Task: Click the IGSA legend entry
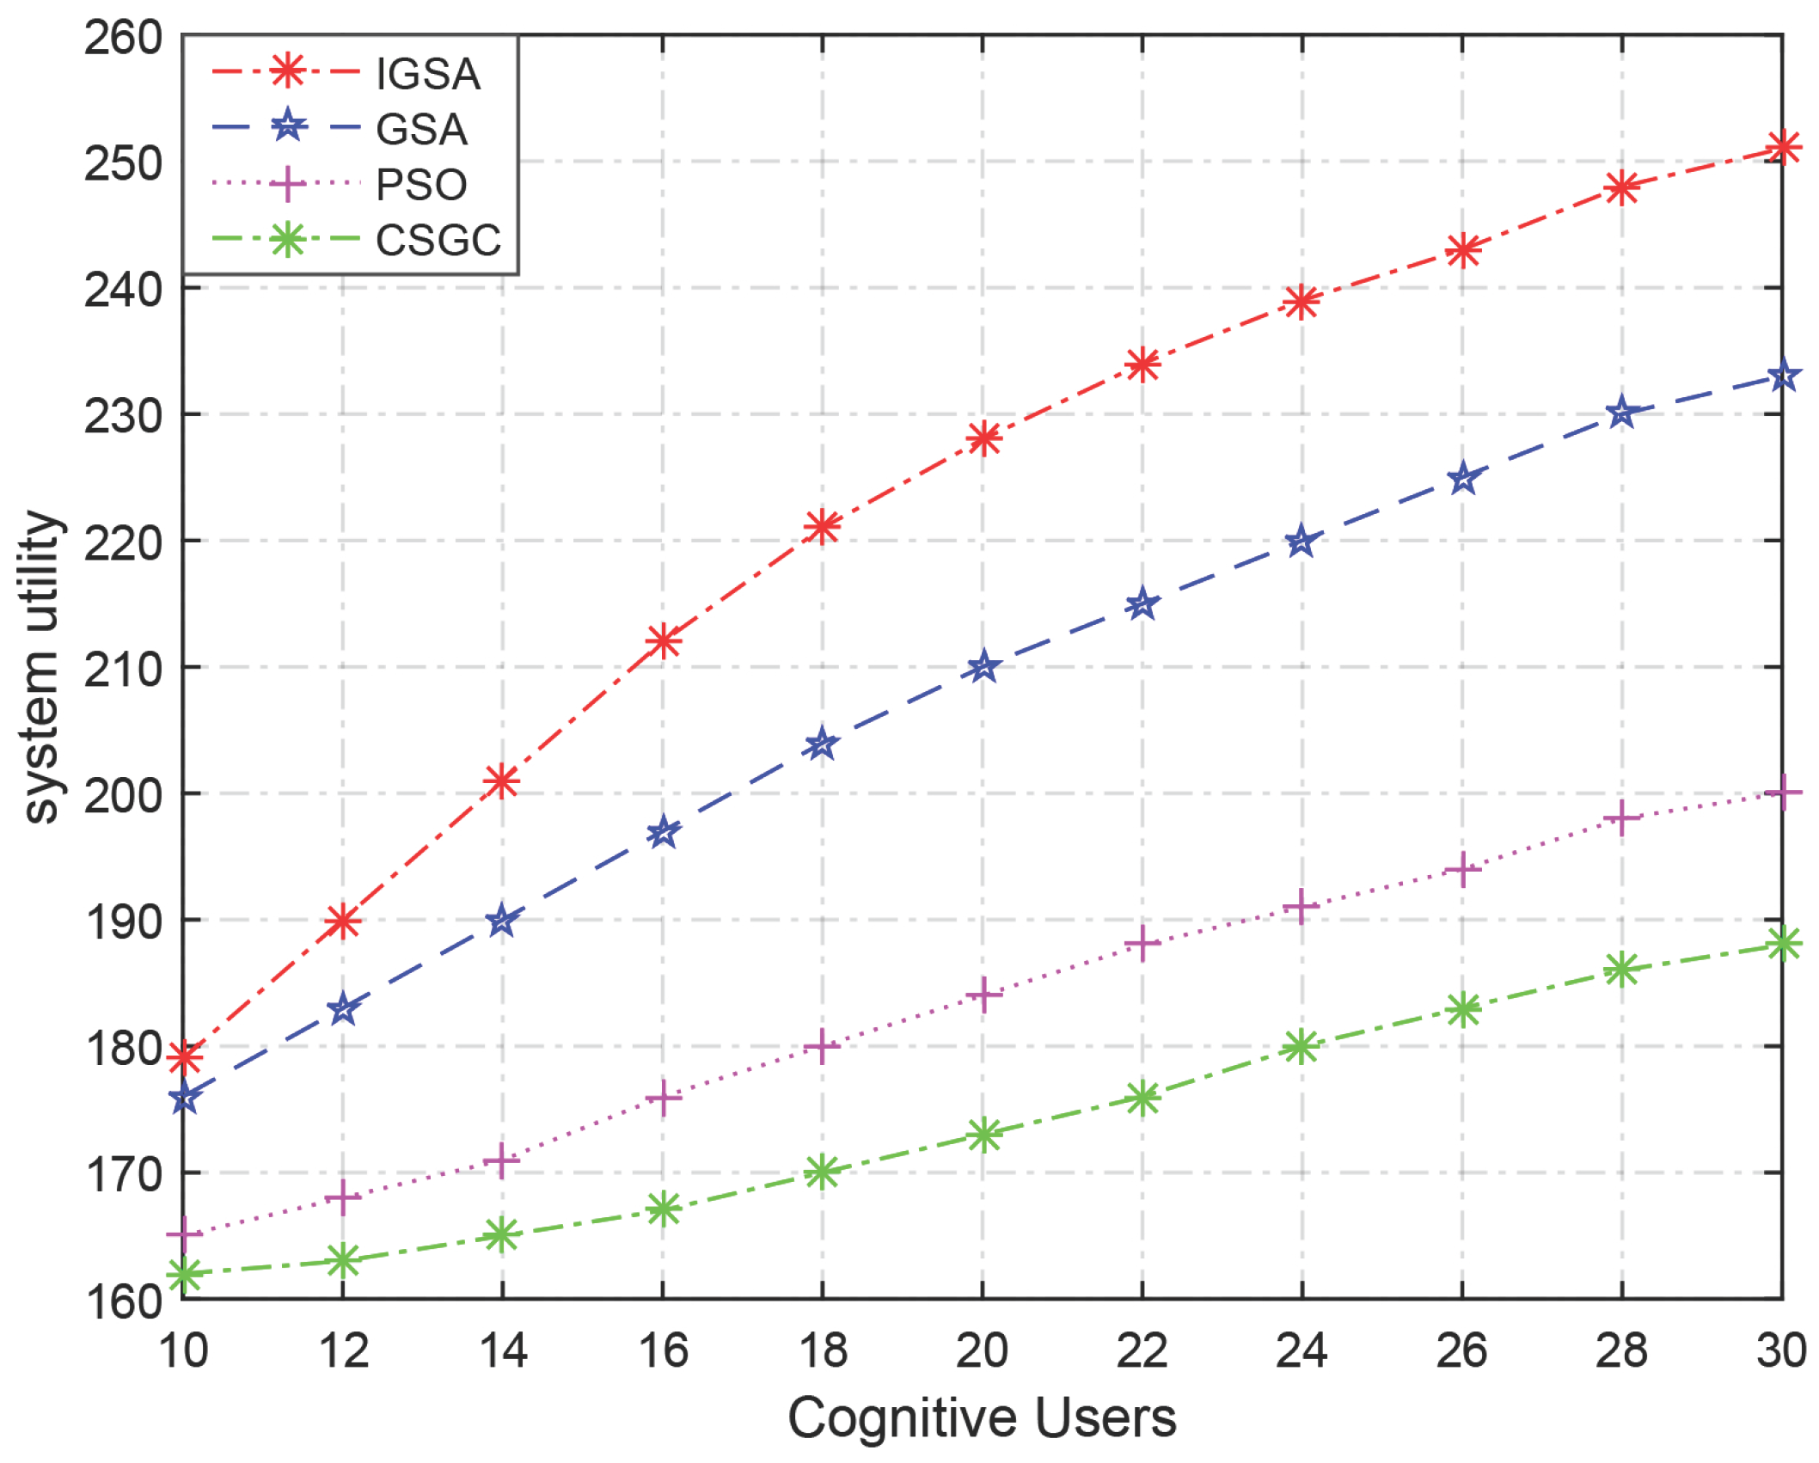click(427, 75)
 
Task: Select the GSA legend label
click(421, 130)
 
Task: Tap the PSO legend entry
click(421, 185)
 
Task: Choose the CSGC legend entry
click(438, 240)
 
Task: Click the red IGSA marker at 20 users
click(983, 438)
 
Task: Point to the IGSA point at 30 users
click(1781, 147)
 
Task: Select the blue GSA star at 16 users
click(663, 832)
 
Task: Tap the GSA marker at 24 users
click(1301, 542)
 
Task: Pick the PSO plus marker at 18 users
click(823, 1046)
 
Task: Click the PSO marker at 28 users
click(1622, 818)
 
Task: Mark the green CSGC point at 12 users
click(343, 1261)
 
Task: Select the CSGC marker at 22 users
click(1142, 1097)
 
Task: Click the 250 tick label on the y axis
click(123, 163)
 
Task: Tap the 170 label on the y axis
click(123, 1174)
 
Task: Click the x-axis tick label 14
click(503, 1350)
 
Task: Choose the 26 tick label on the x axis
click(1461, 1350)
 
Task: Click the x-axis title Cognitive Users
click(982, 1418)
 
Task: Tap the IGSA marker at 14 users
click(502, 781)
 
